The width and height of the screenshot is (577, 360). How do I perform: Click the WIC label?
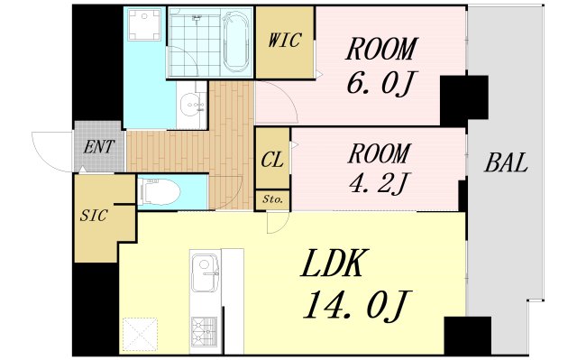tap(285, 40)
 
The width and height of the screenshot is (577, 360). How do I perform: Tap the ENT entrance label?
tap(99, 147)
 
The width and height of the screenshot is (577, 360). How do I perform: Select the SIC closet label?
tap(94, 216)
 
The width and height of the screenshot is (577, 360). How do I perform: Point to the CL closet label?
tap(272, 160)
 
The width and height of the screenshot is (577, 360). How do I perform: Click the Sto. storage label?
tap(272, 200)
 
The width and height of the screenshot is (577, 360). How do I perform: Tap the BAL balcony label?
tap(506, 162)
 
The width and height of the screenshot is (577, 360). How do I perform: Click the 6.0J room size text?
tap(380, 83)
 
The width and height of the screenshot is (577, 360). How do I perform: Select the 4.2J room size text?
tap(379, 183)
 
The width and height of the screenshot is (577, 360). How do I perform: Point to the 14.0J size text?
tap(355, 305)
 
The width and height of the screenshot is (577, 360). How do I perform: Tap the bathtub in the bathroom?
tap(236, 42)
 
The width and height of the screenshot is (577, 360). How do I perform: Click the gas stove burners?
tap(204, 330)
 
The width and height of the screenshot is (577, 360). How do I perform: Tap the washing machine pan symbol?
tap(144, 24)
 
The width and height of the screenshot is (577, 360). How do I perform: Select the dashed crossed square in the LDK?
tap(140, 335)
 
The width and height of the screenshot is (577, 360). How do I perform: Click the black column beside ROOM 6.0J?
tap(464, 100)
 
